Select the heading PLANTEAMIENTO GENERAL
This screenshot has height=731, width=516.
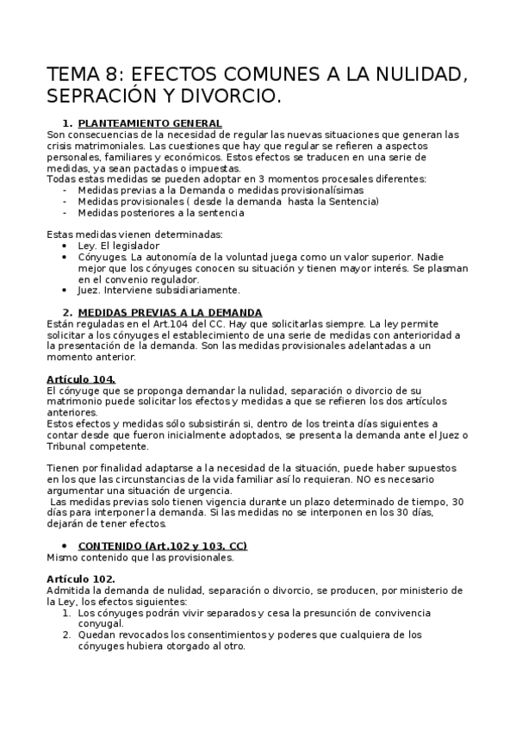pyautogui.click(x=150, y=123)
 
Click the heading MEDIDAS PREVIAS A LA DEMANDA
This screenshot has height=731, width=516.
pyautogui.click(x=170, y=312)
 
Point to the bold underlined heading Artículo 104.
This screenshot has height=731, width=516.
pyautogui.click(x=81, y=378)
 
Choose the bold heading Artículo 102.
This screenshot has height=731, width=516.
pyautogui.click(x=81, y=578)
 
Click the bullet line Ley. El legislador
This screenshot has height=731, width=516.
pyautogui.click(x=118, y=246)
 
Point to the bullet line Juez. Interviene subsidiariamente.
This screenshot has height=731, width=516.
pyautogui.click(x=159, y=290)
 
